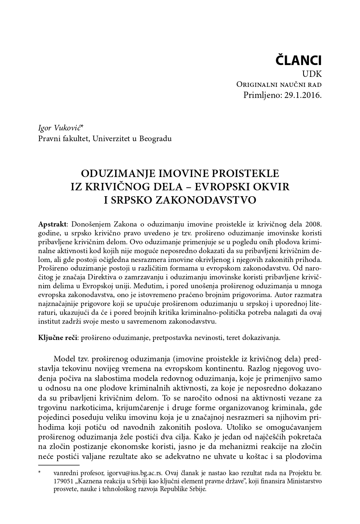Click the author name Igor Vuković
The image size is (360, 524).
click(60, 128)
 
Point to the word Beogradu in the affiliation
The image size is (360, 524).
click(155, 139)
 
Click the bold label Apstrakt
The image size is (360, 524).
click(52, 224)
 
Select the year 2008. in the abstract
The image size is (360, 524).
click(314, 224)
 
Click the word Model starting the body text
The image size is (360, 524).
click(64, 359)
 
